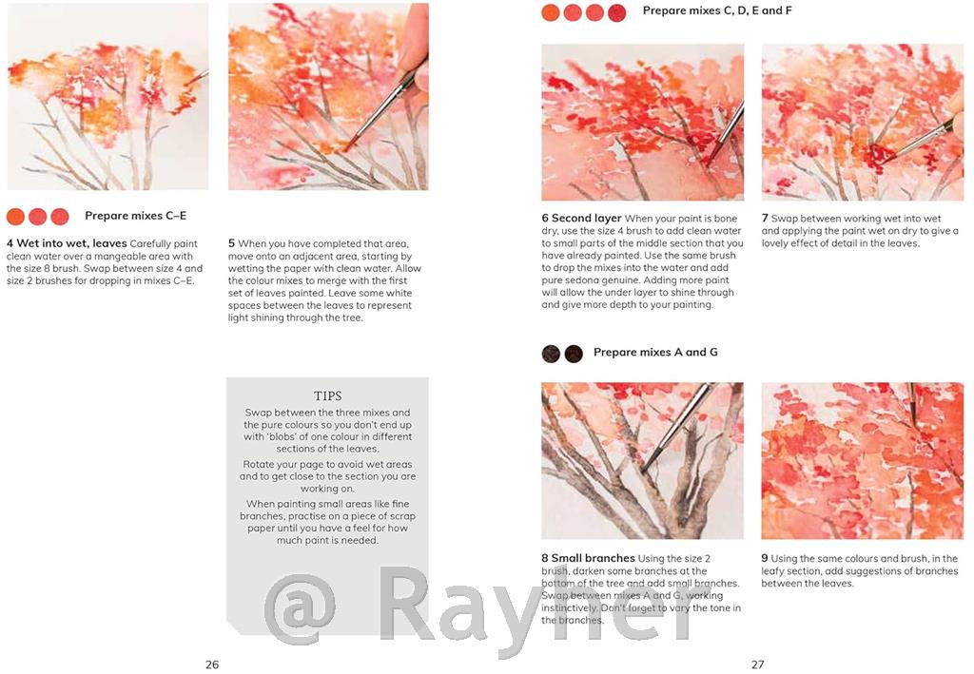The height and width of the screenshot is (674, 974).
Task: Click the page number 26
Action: [212, 664]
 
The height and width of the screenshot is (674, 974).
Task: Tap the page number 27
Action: [757, 664]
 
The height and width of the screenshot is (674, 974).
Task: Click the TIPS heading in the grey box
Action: [327, 396]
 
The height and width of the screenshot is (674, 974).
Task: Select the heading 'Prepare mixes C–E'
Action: [135, 216]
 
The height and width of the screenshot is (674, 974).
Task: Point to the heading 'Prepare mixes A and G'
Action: [655, 352]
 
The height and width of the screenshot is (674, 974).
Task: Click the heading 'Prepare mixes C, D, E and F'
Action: [717, 10]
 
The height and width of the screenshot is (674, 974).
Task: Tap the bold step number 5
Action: [231, 243]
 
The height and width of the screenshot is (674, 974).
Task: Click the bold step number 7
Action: [765, 218]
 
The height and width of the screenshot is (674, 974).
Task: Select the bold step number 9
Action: [765, 558]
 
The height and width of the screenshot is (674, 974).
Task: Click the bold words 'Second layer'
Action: [586, 218]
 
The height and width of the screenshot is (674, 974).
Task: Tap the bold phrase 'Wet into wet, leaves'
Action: [71, 243]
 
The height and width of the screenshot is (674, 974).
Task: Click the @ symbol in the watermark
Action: [300, 609]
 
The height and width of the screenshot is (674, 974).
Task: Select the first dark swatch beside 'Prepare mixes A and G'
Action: [551, 354]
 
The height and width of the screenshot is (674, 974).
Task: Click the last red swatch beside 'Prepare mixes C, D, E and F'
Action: [616, 12]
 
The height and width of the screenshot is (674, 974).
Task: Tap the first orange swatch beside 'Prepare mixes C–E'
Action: [15, 217]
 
